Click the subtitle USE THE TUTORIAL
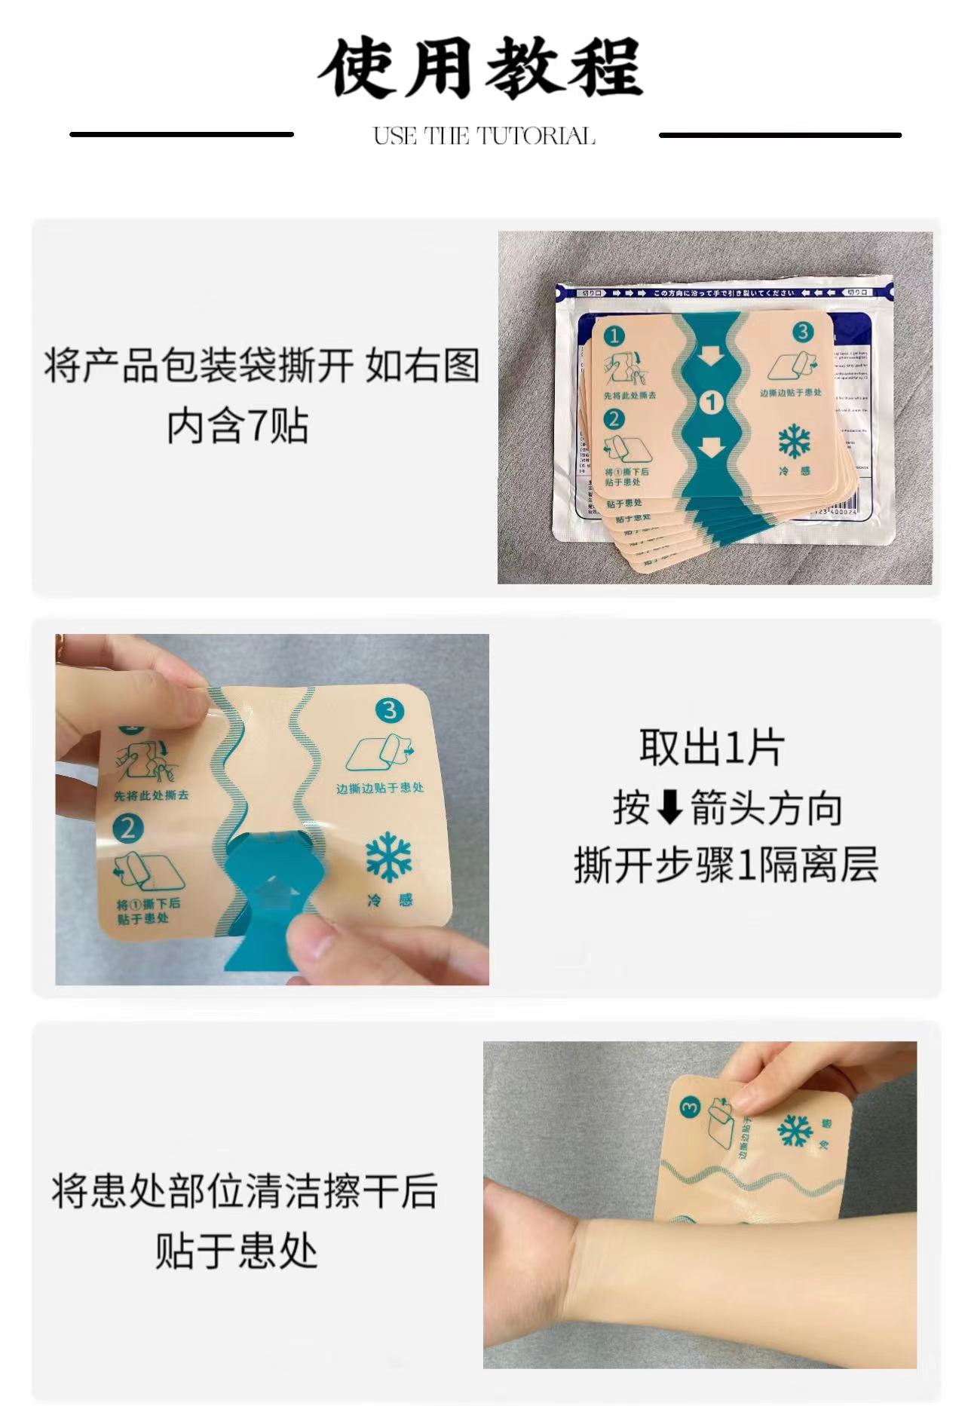[x=484, y=136]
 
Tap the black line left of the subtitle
[x=182, y=135]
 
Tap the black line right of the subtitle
[x=780, y=135]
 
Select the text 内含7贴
[x=237, y=427]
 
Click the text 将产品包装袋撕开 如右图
[x=262, y=366]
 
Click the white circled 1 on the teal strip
[x=710, y=403]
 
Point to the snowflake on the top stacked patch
[x=794, y=442]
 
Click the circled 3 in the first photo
[x=802, y=332]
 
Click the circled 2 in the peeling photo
[x=127, y=828]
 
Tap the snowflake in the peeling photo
[x=389, y=856]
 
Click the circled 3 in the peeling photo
[x=389, y=709]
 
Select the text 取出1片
[x=711, y=748]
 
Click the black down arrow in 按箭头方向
[x=670, y=808]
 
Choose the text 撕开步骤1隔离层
[x=726, y=865]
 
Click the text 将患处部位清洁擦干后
[x=244, y=1192]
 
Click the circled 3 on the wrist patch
[x=690, y=1107]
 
